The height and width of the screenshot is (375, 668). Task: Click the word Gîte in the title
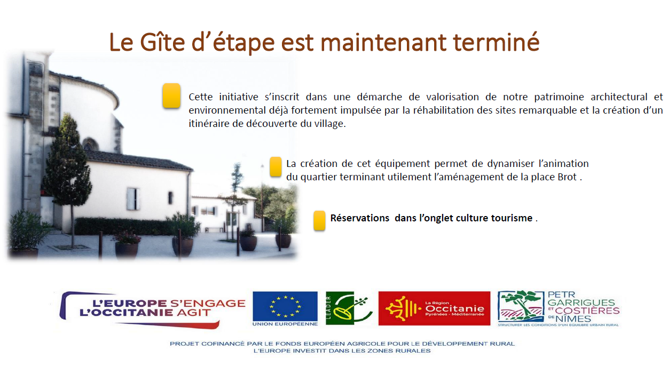[162, 42]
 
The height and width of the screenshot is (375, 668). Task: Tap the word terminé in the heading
[496, 42]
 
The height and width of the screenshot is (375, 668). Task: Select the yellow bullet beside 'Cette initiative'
[171, 95]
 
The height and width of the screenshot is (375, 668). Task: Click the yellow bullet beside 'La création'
[276, 167]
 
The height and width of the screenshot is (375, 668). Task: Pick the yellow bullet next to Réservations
[319, 221]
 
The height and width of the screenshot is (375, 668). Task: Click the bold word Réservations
[360, 218]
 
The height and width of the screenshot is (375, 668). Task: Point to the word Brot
[567, 177]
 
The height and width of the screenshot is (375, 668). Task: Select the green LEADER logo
[349, 308]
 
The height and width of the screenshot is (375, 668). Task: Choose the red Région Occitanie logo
[434, 308]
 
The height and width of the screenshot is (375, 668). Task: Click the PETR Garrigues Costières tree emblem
[521, 306]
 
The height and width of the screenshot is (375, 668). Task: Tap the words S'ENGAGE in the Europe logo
[208, 303]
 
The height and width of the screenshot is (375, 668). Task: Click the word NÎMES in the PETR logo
[573, 318]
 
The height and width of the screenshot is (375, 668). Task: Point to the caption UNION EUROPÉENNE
[285, 324]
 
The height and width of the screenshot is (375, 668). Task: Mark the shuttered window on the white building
[133, 198]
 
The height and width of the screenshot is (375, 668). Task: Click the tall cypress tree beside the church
[68, 167]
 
